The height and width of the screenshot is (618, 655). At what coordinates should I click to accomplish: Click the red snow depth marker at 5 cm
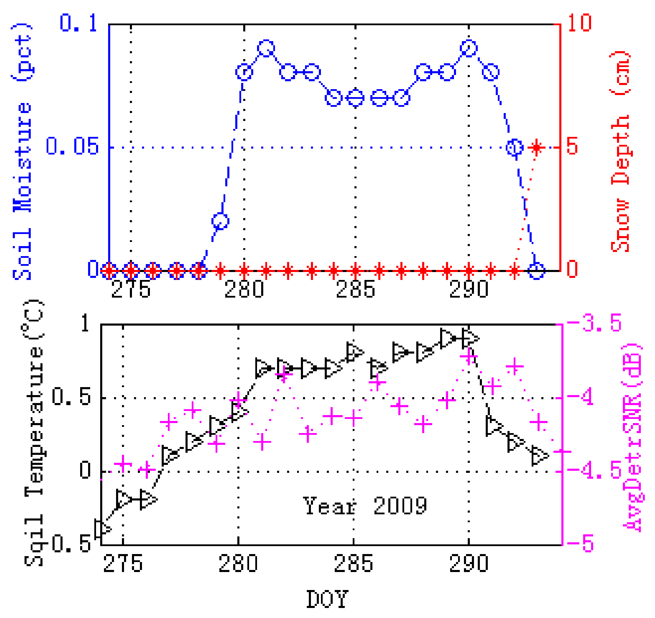[x=536, y=148]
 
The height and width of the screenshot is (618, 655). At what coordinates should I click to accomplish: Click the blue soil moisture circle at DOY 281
[x=266, y=48]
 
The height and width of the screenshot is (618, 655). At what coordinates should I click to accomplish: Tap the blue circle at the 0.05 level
[x=514, y=148]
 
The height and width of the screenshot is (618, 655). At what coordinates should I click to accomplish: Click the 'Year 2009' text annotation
[x=365, y=506]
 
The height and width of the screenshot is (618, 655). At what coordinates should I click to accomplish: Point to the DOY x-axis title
[x=327, y=599]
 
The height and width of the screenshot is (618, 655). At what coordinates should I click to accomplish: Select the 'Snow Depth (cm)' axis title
[x=620, y=152]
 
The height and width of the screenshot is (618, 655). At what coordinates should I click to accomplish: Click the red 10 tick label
[x=579, y=23]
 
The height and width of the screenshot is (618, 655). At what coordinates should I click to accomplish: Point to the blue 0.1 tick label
[x=78, y=23]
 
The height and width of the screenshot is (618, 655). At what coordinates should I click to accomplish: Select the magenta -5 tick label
[x=580, y=543]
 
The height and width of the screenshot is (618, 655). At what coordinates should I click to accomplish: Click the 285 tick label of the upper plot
[x=355, y=289]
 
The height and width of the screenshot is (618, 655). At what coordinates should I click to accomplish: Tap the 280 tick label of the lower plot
[x=238, y=563]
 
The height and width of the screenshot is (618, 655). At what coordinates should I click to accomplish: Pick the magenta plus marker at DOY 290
[x=469, y=356]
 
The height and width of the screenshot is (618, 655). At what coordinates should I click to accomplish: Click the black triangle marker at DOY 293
[x=539, y=456]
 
